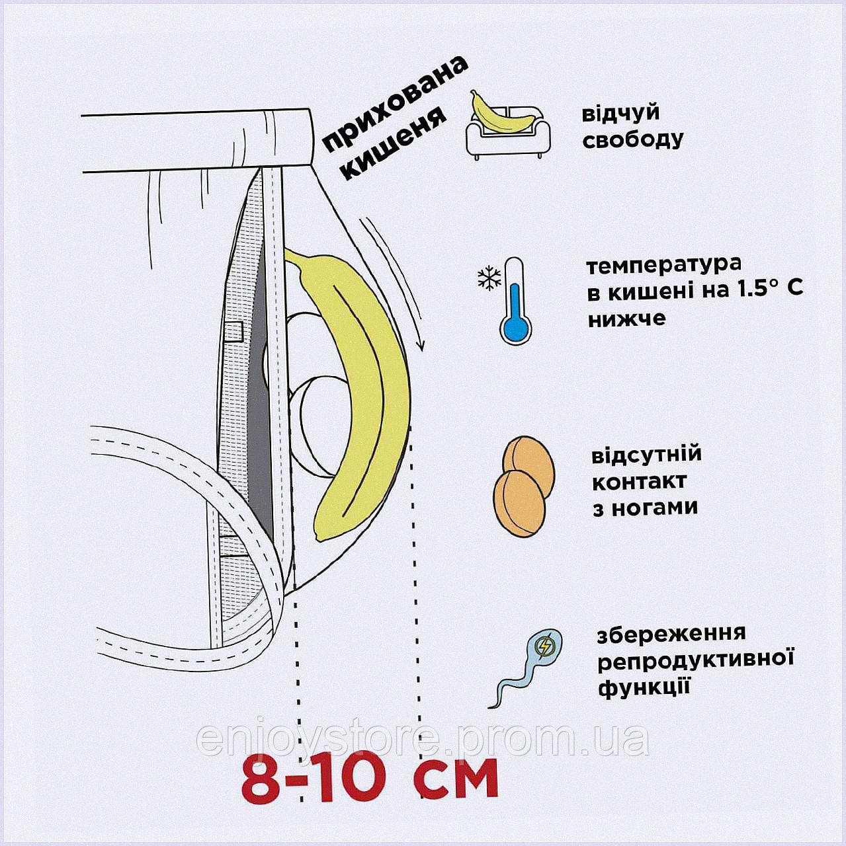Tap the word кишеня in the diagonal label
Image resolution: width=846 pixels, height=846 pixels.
pos(395,143)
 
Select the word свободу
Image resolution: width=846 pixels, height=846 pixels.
pos(632,140)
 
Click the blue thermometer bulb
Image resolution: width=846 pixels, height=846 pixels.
pos(515,328)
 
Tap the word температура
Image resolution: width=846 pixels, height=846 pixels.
pos(663,265)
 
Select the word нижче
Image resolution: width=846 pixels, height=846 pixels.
pos(626,319)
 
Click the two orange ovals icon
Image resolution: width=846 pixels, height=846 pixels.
pos(524,486)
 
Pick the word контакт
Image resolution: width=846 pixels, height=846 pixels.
pos(639,482)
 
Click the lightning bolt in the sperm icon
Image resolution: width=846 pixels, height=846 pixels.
pos(546,646)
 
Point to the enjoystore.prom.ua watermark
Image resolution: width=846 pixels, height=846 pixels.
pos(423,742)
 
